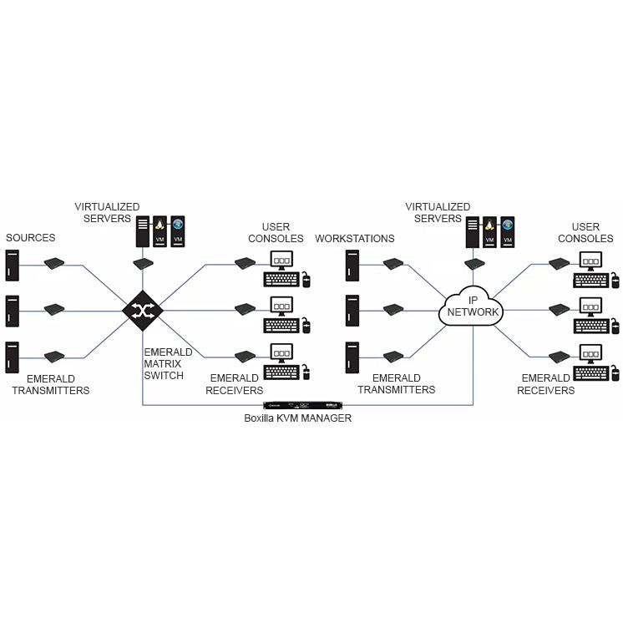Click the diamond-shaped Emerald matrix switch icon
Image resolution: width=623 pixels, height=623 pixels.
click(x=142, y=311)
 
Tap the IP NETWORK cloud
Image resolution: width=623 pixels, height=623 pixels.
click(x=471, y=306)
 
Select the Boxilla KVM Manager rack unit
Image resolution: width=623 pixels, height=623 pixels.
click(x=303, y=405)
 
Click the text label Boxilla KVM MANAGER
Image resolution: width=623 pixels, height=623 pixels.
click(x=297, y=418)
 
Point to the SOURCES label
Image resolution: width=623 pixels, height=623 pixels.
click(x=31, y=238)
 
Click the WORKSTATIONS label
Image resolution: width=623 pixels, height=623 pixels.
click(x=355, y=238)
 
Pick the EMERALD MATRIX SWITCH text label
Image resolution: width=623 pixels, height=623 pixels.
click(x=168, y=363)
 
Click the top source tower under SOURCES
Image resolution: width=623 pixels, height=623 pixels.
click(x=12, y=265)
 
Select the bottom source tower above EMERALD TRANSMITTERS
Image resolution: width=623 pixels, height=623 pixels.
click(x=12, y=357)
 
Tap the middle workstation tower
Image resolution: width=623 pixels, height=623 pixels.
click(x=352, y=311)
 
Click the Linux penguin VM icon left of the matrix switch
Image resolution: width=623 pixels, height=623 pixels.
click(x=160, y=231)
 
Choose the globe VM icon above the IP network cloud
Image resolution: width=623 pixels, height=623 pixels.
click(x=508, y=232)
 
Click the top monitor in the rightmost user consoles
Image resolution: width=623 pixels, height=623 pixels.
click(x=590, y=261)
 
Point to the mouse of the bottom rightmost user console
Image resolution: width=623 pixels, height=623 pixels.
click(x=615, y=373)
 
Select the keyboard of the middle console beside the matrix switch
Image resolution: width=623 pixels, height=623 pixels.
click(x=281, y=326)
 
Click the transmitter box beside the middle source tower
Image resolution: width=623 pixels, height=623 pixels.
click(x=54, y=309)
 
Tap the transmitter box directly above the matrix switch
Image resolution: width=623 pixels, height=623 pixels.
click(x=143, y=263)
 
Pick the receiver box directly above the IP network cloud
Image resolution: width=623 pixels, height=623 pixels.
click(x=474, y=263)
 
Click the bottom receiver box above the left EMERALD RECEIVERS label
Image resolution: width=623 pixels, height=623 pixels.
click(x=246, y=356)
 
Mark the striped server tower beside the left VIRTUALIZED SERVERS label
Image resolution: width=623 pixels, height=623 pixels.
click(x=143, y=231)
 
